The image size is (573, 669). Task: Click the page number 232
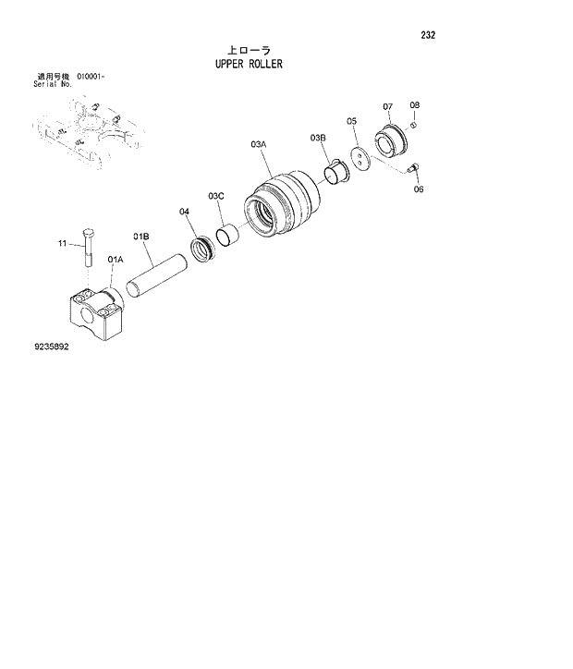point(427,36)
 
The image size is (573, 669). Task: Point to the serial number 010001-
point(91,76)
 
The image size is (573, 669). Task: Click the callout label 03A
point(259,145)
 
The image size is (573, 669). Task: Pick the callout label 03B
point(318,138)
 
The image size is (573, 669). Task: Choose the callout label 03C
point(216,196)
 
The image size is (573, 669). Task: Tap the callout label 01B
point(141,237)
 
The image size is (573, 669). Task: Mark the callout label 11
point(63,244)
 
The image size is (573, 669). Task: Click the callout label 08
point(414,105)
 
